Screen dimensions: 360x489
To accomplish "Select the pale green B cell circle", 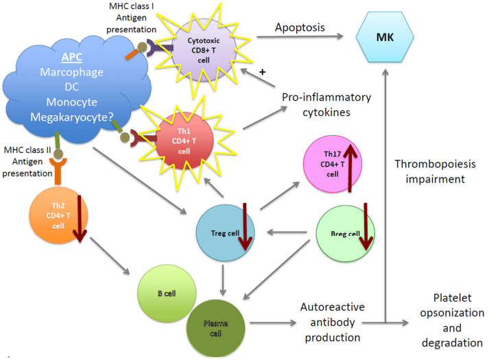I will coord(167,293).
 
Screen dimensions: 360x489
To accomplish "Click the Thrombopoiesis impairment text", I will coord(435,171).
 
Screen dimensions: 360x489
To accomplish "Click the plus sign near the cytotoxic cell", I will coord(261,70).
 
